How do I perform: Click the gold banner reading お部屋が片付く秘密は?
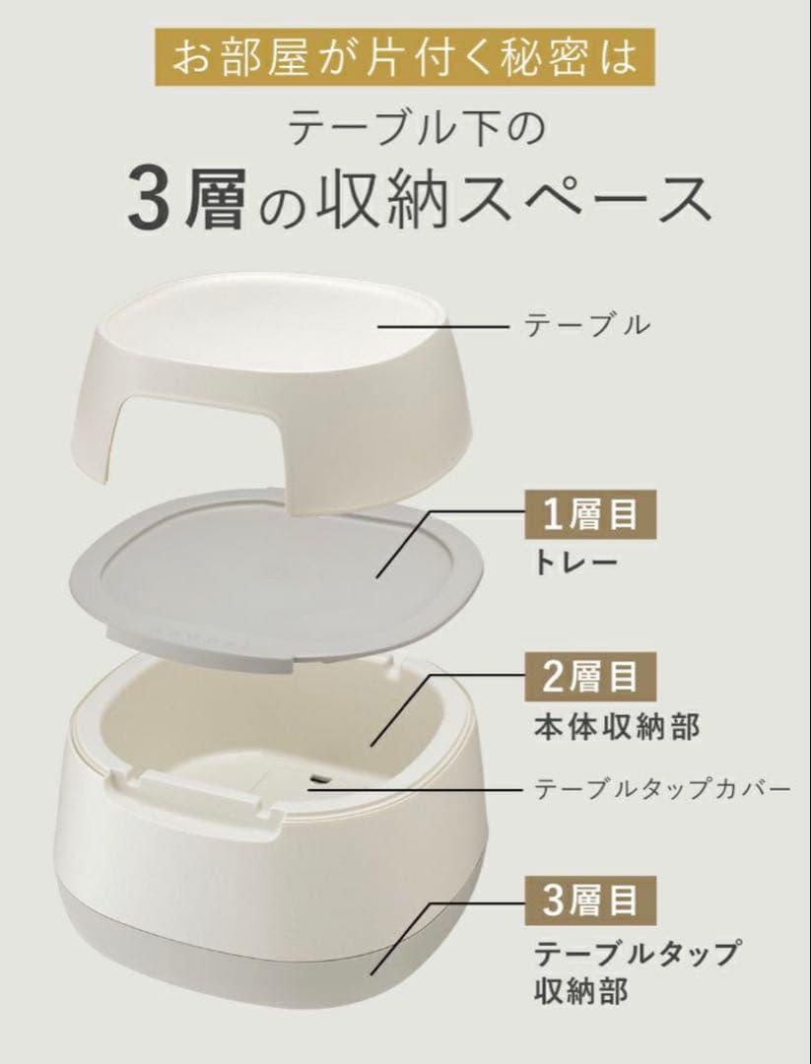pos(405,58)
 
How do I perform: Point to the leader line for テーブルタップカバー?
pos(414,788)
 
